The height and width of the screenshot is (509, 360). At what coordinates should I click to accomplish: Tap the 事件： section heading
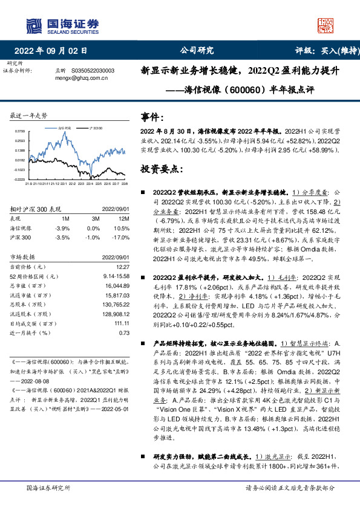pyautogui.click(x=153, y=117)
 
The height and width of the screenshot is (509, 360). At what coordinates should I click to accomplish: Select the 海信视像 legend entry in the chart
pyautogui.click(x=65, y=129)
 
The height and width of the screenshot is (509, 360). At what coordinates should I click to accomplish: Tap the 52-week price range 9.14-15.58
pyautogui.click(x=118, y=275)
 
